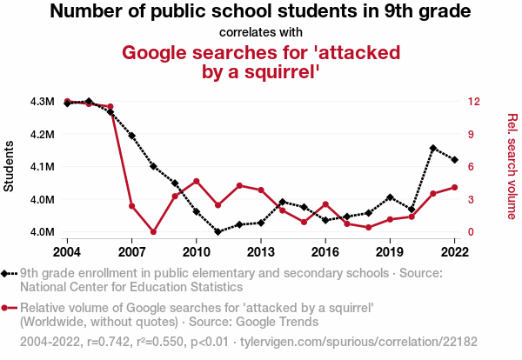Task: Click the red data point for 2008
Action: [153, 232]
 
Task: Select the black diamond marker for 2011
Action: [217, 232]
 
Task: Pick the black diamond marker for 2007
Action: [132, 136]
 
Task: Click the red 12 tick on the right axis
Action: [472, 102]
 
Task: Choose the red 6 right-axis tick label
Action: [470, 167]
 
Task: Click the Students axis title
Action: [10, 166]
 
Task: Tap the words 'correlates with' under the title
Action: [261, 32]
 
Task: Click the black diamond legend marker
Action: [7, 273]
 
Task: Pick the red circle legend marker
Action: [7, 308]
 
